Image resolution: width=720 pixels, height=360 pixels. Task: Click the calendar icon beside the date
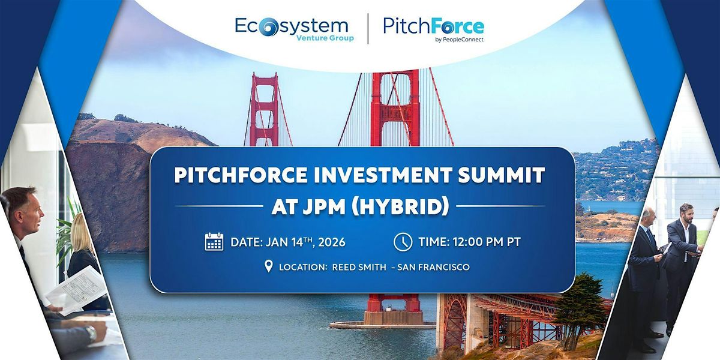coord(214,242)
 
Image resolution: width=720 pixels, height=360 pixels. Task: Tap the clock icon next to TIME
coord(403,242)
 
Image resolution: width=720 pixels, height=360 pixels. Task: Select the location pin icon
coord(269,266)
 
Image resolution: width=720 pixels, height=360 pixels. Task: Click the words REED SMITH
coord(359,267)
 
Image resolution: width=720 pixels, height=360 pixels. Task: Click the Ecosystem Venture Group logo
coord(292,29)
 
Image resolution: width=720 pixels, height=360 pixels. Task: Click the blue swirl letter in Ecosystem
coord(269,27)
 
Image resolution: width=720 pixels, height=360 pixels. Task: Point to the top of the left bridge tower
coord(264,77)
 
